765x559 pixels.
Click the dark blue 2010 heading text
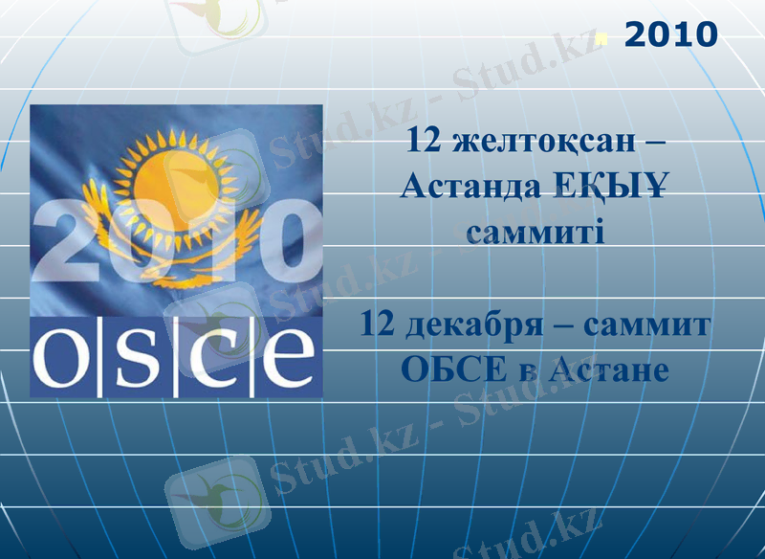[670, 35]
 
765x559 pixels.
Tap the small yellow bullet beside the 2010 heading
[601, 40]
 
